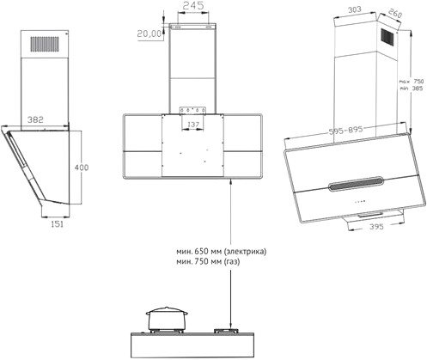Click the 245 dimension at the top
193,5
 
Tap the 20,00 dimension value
149,34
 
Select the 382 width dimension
35,119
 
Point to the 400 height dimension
82,167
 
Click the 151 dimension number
57,224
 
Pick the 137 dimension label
193,125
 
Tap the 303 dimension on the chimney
354,9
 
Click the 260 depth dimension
395,13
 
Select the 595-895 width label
345,131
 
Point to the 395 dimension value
376,227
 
